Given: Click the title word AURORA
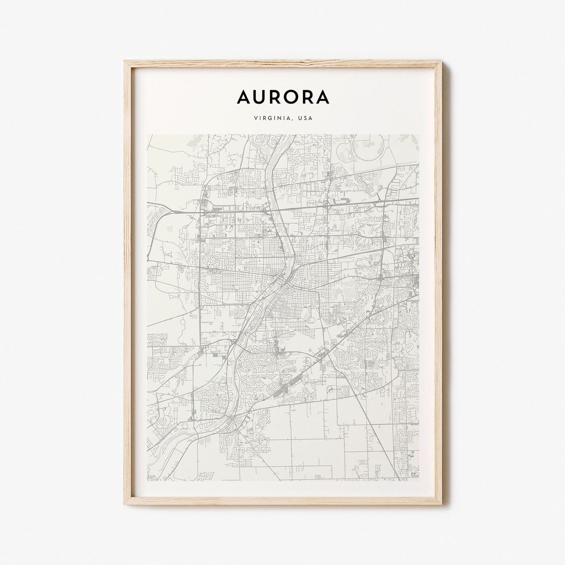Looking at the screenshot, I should [283, 97].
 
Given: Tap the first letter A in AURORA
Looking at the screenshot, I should [244, 97].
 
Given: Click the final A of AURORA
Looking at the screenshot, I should [322, 97].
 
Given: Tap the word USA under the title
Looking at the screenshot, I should [305, 118].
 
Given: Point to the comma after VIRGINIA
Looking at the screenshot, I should [292, 120].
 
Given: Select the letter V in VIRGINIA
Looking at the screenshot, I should [255, 118].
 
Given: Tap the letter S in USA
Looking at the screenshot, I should [305, 118].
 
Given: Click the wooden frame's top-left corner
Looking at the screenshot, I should [125, 62].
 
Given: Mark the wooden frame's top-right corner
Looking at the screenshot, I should [440, 62].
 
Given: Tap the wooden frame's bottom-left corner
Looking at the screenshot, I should [125, 503].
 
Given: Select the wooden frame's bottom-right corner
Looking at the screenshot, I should [440, 503].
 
